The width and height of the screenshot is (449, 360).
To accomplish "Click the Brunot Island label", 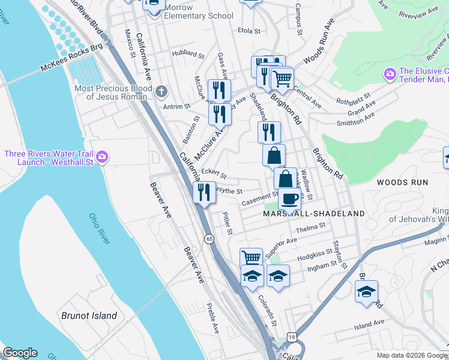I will (89, 316).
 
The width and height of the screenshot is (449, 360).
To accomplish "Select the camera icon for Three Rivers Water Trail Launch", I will (101, 157).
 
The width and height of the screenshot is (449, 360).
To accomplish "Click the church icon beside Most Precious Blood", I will (160, 92).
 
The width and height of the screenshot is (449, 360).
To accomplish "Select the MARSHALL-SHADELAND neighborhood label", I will (314, 214).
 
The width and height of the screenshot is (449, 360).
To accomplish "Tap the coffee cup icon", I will (289, 198).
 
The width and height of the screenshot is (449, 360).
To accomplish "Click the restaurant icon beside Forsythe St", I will (204, 192).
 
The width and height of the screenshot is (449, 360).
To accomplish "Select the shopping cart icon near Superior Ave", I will (252, 258).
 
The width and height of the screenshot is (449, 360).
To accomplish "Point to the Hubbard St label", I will (188, 54).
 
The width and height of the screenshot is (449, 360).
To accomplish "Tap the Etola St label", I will (249, 31).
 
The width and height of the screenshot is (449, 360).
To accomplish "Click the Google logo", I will (20, 353).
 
